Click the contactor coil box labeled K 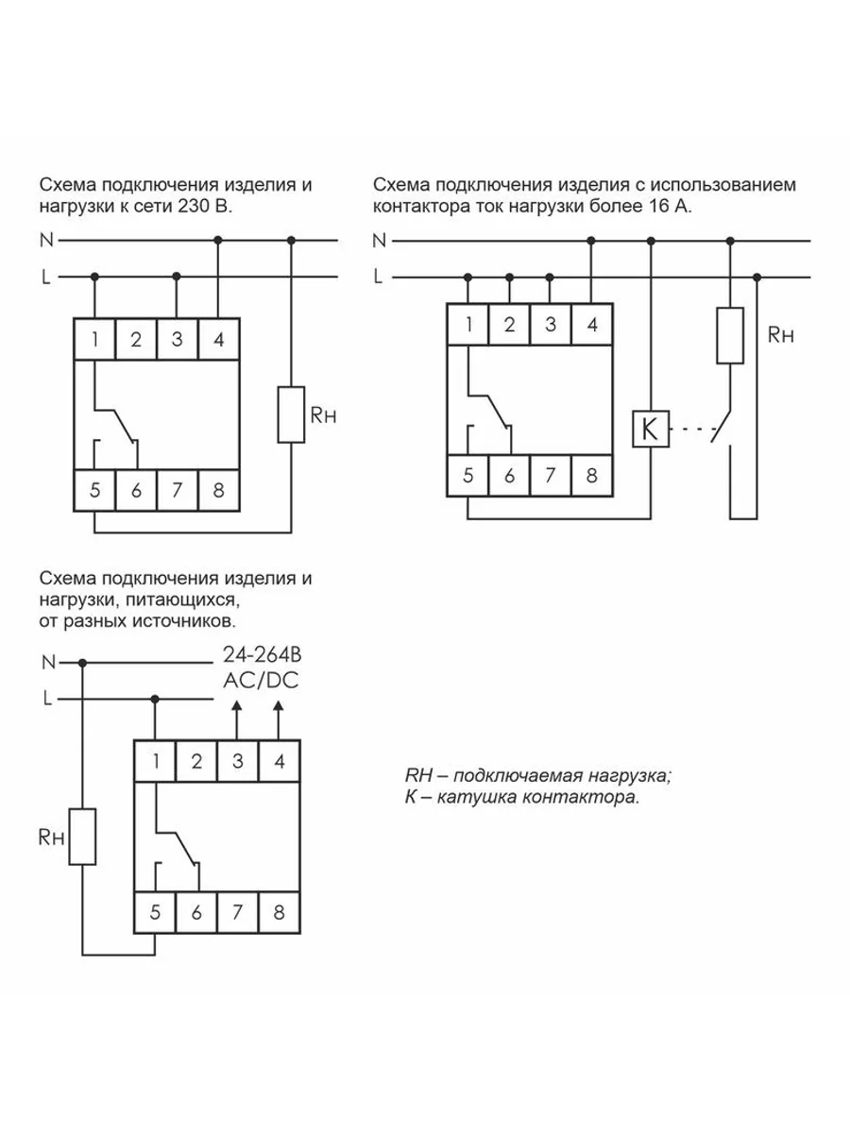tap(650, 430)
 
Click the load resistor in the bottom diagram tap(83, 836)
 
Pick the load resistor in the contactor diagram tap(730, 335)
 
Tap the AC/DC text tap(260, 680)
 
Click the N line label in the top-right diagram tap(379, 241)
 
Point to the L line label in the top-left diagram tap(45, 277)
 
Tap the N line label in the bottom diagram tap(48, 662)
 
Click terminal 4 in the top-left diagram tap(218, 339)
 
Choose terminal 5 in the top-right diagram tap(467, 475)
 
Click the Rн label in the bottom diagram tap(50, 836)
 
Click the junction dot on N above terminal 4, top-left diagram tap(218, 241)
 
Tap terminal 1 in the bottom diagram tap(155, 761)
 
